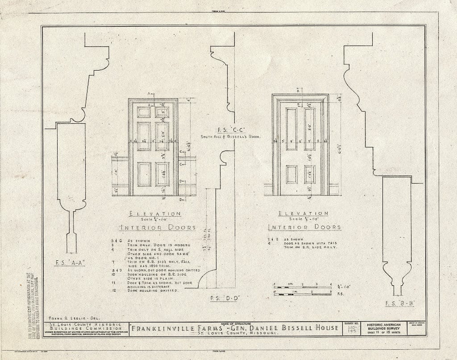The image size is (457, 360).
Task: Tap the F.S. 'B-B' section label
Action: pos(400,303)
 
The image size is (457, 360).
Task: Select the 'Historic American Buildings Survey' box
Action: pos(386,329)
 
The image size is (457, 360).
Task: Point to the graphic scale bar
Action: pos(302,289)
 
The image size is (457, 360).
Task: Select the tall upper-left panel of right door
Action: pos(291,129)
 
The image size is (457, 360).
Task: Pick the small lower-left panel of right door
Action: pos(291,174)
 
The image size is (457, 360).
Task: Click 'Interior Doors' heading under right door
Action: pos(305,227)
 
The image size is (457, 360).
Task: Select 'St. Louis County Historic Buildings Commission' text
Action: pos(85,327)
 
